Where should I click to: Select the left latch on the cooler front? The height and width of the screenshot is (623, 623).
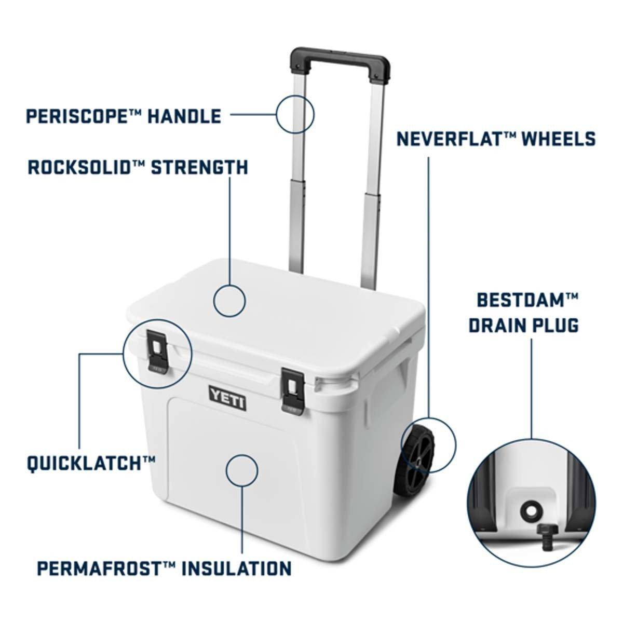pyautogui.click(x=157, y=352)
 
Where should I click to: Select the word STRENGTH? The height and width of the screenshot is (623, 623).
pyautogui.click(x=199, y=167)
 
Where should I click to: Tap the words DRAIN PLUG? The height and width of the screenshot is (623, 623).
pyautogui.click(x=524, y=325)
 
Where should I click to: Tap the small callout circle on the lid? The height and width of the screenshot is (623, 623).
pyautogui.click(x=229, y=301)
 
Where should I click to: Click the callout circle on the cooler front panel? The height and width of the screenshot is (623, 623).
pyautogui.click(x=242, y=470)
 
